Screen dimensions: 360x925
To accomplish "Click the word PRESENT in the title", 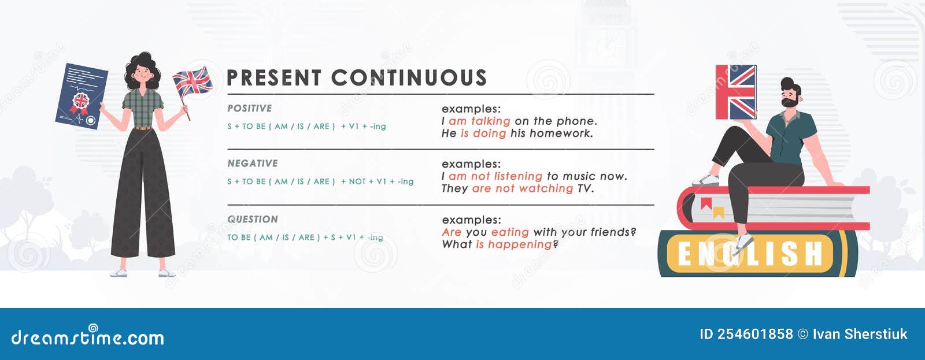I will click(x=274, y=78).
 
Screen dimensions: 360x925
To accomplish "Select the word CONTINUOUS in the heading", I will click(x=409, y=78).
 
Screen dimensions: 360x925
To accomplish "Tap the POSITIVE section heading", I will click(x=249, y=109).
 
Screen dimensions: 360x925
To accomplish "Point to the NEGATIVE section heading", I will click(x=252, y=164).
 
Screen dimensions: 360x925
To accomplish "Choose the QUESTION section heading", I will click(x=252, y=220).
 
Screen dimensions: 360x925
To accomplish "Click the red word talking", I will click(x=490, y=121).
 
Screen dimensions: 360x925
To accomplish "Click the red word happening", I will click(x=520, y=244).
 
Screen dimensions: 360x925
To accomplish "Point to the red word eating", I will click(x=510, y=232).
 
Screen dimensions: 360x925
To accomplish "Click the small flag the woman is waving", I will click(x=193, y=81).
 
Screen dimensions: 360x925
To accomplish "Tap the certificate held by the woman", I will click(x=82, y=96).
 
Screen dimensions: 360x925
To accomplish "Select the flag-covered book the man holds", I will click(x=736, y=92).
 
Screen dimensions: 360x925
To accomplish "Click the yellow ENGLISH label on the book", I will click(x=750, y=254).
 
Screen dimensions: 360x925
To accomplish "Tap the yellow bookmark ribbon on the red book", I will click(x=719, y=213).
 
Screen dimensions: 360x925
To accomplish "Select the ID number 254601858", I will click(x=746, y=334).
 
